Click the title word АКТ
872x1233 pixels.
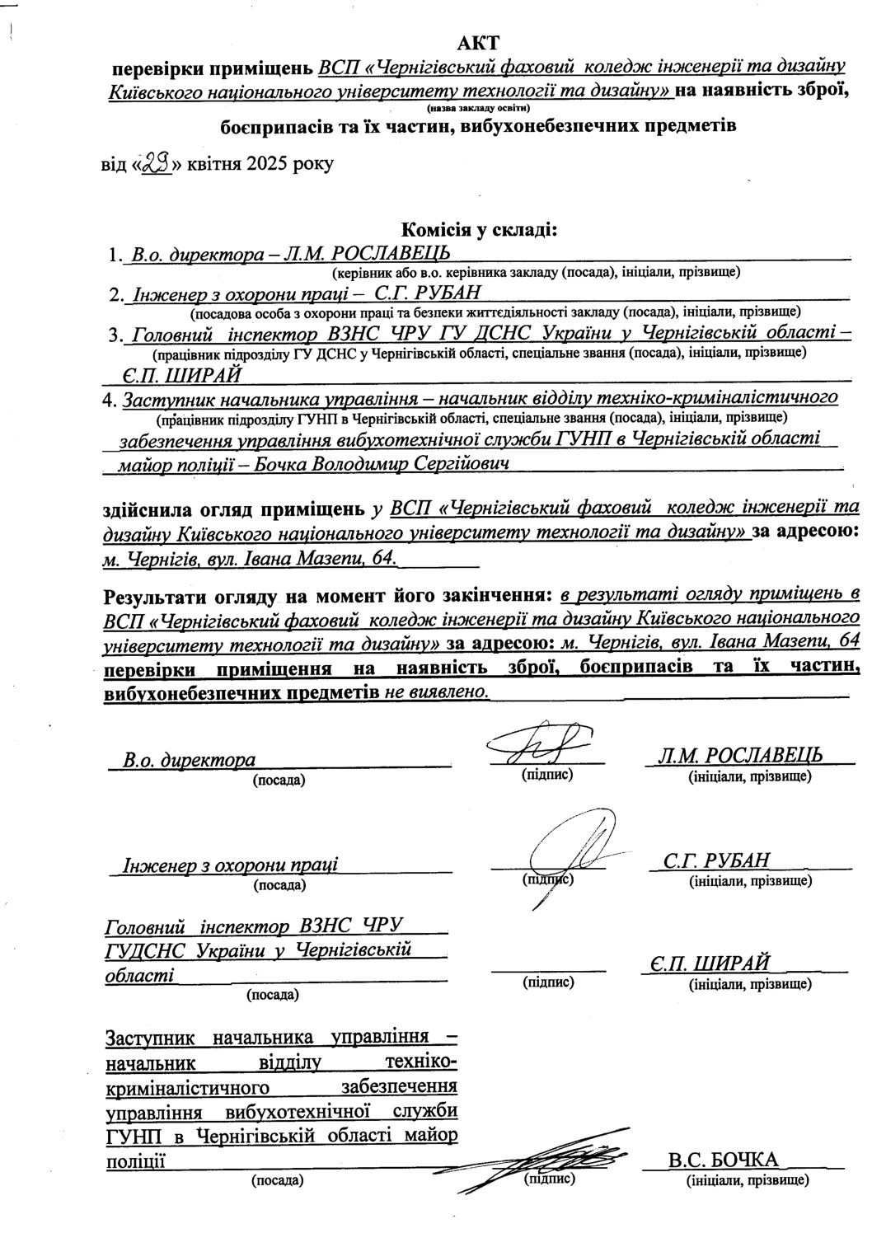coord(479,40)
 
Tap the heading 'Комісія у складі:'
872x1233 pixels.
coord(479,230)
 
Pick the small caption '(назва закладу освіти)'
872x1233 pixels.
coord(478,108)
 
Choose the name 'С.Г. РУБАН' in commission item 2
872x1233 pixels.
coord(427,293)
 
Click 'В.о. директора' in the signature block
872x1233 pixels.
coord(190,759)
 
